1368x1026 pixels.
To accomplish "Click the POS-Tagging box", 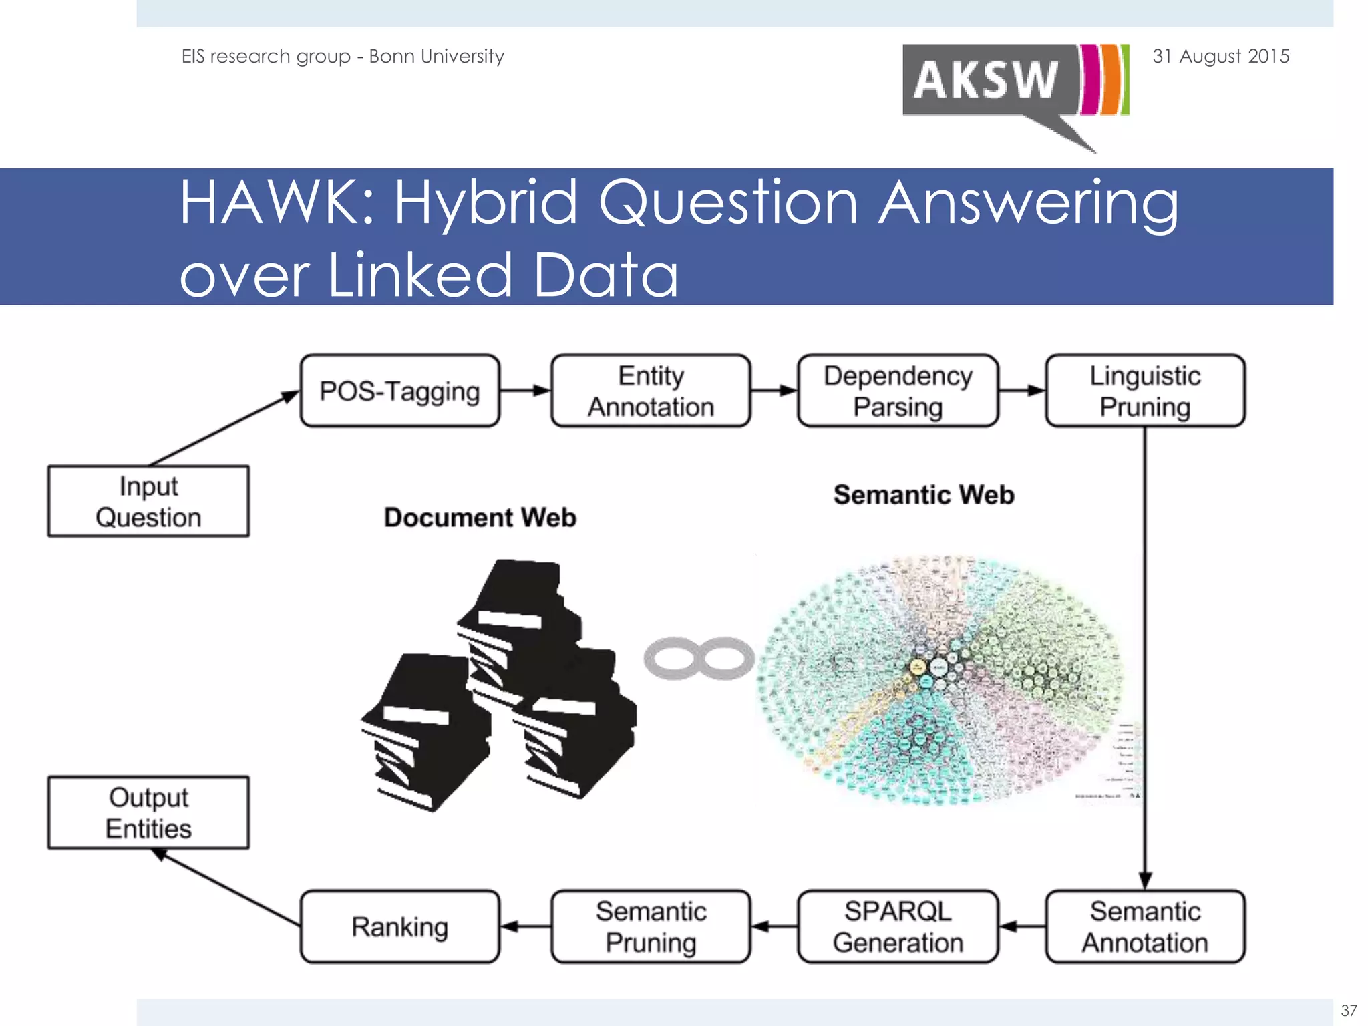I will pyautogui.click(x=399, y=391).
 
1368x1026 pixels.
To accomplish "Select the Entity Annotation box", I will pyautogui.click(x=651, y=391).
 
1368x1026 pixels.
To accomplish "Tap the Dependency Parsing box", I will pyautogui.click(x=898, y=391).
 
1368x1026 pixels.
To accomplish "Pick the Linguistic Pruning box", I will pyautogui.click(x=1145, y=391).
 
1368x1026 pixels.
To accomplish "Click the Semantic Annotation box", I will pyautogui.click(x=1145, y=926).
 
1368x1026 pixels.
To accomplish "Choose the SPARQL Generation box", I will pyautogui.click(x=898, y=926).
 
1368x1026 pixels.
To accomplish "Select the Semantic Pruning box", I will pyautogui.click(x=651, y=926).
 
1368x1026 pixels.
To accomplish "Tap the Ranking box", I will pyautogui.click(x=399, y=926).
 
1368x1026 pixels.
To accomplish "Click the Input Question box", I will pyautogui.click(x=148, y=501).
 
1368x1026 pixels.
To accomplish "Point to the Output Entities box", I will pyautogui.click(x=148, y=812).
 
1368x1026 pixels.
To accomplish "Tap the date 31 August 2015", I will pyautogui.click(x=1220, y=56).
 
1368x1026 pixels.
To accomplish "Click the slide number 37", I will pyautogui.click(x=1349, y=1011).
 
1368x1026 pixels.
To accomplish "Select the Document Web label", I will pyautogui.click(x=480, y=518).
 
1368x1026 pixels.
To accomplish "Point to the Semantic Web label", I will pyautogui.click(x=924, y=495).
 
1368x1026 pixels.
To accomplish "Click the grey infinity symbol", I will pyautogui.click(x=699, y=659).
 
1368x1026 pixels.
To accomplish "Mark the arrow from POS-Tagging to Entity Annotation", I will pyautogui.click(x=525, y=391).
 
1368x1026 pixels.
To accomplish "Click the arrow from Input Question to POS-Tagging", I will pyautogui.click(x=224, y=428).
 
